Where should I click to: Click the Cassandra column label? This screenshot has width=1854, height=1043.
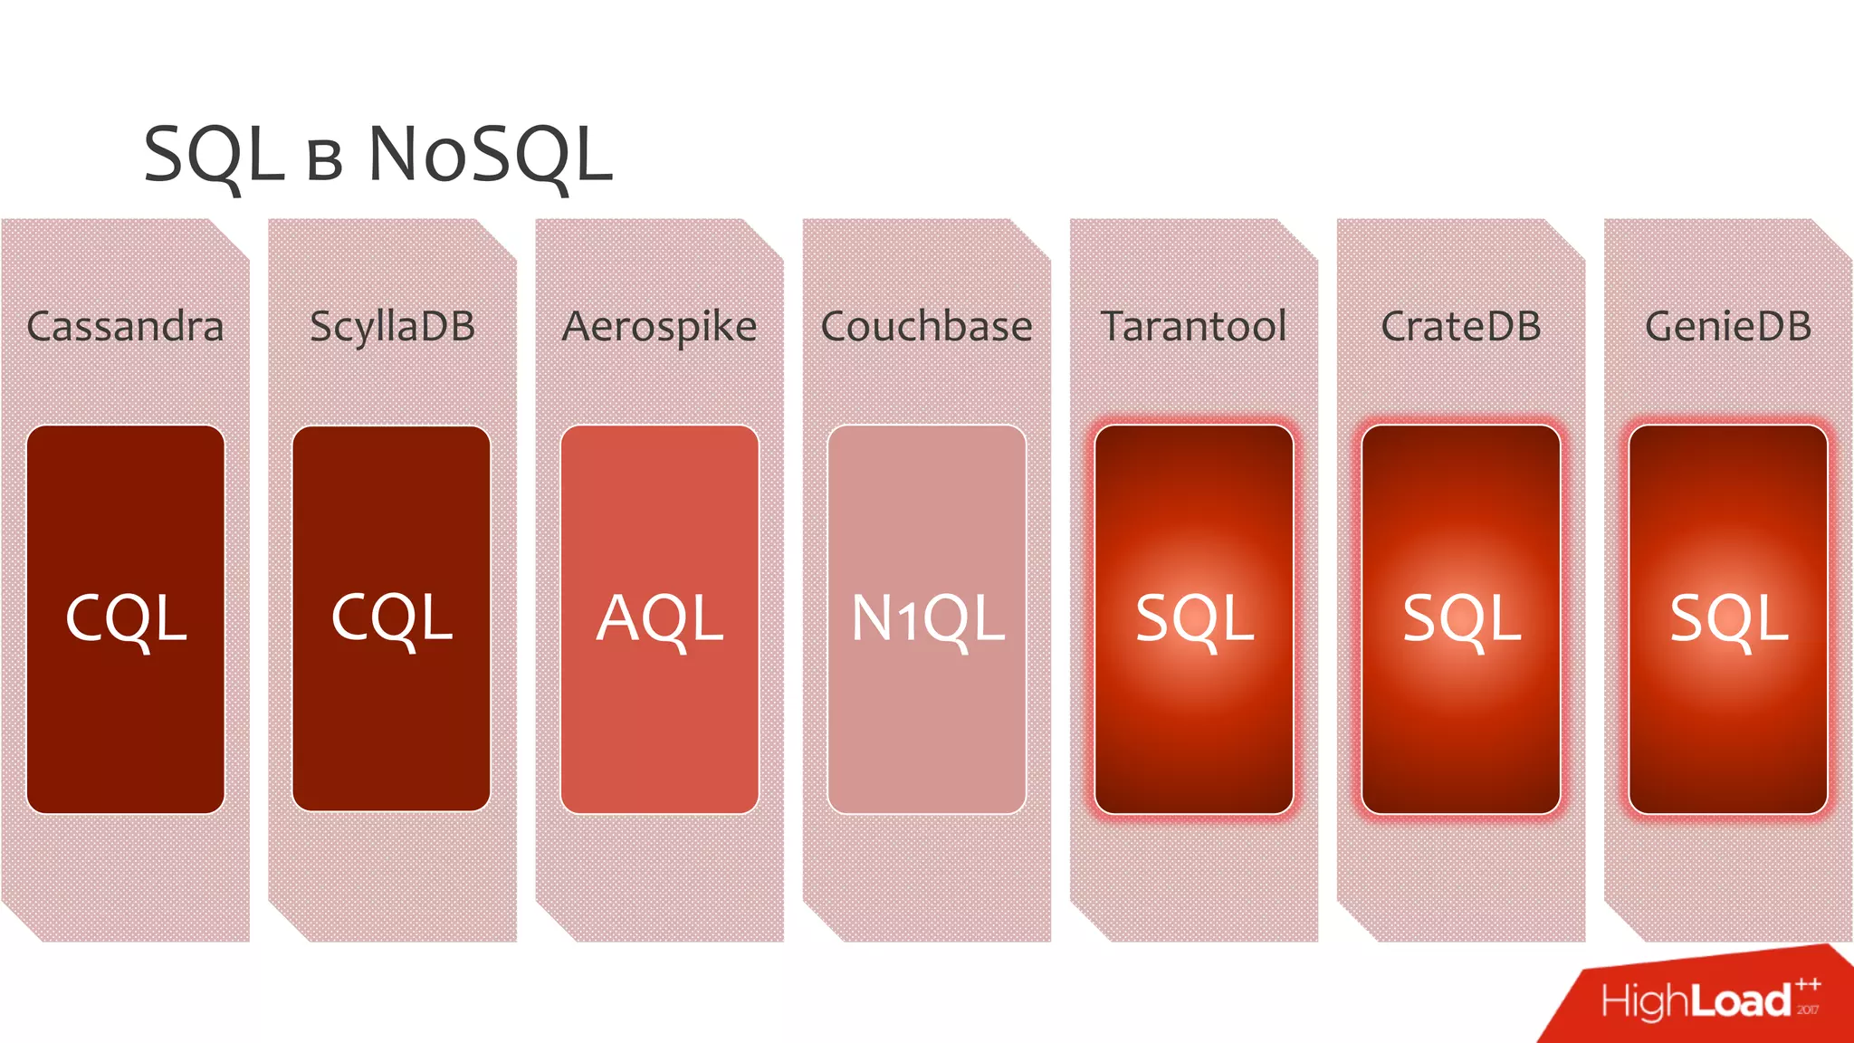tap(125, 327)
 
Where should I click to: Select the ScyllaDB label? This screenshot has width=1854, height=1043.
tap(392, 327)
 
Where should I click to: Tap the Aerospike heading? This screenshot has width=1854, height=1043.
tap(659, 327)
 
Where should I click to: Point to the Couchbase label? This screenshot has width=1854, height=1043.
tap(926, 327)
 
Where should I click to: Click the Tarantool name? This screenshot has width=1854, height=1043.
tap(1193, 327)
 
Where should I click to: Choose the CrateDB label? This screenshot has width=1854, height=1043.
tap(1460, 327)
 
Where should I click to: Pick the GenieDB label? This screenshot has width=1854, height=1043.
tap(1727, 327)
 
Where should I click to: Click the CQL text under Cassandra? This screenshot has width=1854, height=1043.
tap(126, 619)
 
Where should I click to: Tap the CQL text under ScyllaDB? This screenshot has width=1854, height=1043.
tap(391, 619)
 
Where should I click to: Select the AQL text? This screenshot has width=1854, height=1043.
tap(659, 619)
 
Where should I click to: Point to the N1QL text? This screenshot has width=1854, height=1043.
tap(927, 619)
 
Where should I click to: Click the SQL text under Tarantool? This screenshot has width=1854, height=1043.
tap(1194, 619)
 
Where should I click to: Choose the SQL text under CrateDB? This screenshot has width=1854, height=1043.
tap(1461, 619)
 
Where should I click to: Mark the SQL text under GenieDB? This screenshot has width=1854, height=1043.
tap(1728, 619)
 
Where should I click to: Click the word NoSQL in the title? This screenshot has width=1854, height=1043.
tap(490, 156)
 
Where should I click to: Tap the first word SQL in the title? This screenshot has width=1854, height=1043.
tap(214, 156)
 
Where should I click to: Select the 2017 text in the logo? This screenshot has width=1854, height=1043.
tap(1808, 1010)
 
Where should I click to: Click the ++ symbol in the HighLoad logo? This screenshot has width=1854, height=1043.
tap(1808, 985)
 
